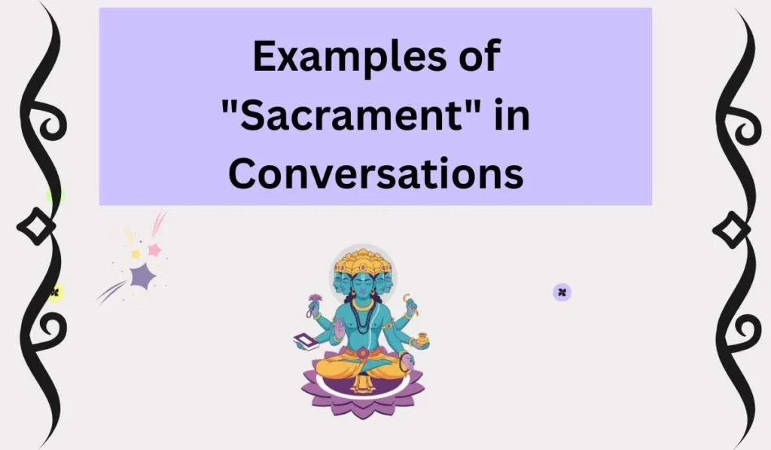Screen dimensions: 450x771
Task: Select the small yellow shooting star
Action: tap(136, 254)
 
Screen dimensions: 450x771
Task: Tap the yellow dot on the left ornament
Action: tap(54, 293)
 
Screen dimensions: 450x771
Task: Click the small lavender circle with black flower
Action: tap(562, 292)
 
